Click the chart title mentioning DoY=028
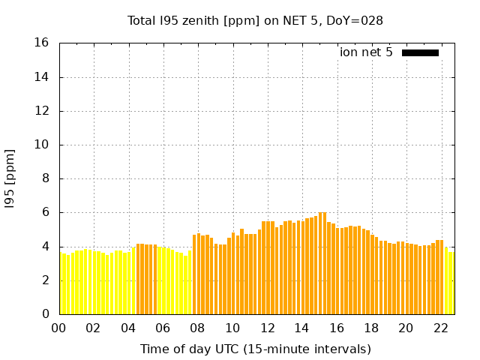(x=255, y=20)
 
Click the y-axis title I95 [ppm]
(x=10, y=179)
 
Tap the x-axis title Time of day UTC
(x=255, y=349)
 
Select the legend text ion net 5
(x=366, y=52)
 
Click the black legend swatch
(x=420, y=52)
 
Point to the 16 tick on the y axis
(x=42, y=43)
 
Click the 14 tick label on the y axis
(x=42, y=77)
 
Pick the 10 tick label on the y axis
(x=42, y=145)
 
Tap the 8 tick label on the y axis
(x=46, y=178)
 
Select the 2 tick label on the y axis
(x=46, y=280)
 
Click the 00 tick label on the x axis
(x=58, y=328)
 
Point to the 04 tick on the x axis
(x=128, y=328)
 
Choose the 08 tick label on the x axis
(x=198, y=328)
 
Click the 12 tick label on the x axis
(x=267, y=328)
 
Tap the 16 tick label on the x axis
(x=337, y=328)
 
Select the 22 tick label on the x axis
(x=441, y=328)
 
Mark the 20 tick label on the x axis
(x=406, y=328)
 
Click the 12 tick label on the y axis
(x=42, y=111)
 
